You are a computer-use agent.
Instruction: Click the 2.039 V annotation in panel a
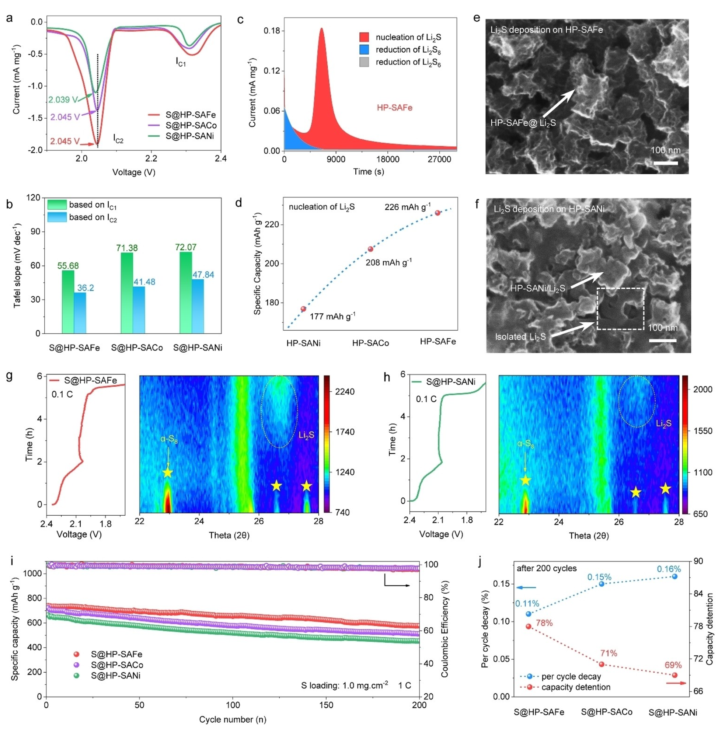(x=63, y=100)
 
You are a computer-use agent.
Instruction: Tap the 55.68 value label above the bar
(x=68, y=266)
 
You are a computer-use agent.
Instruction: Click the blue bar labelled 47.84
(x=198, y=306)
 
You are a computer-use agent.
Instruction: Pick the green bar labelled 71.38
(x=127, y=293)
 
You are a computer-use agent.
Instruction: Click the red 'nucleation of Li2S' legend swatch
(x=364, y=37)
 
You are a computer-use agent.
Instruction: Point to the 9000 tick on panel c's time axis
(x=336, y=159)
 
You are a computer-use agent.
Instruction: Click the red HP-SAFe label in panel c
(x=394, y=108)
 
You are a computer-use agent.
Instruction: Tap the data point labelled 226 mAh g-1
(x=438, y=213)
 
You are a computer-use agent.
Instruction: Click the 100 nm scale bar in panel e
(x=665, y=163)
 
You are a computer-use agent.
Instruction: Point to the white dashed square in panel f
(x=620, y=308)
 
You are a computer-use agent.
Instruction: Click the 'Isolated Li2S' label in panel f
(x=520, y=336)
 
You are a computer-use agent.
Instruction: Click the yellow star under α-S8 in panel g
(x=168, y=473)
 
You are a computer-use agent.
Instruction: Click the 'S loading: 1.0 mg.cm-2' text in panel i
(x=344, y=685)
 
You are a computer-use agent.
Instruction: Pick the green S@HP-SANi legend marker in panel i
(x=77, y=676)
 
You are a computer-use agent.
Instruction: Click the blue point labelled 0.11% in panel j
(x=529, y=614)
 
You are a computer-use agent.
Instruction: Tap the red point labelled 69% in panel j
(x=675, y=675)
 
